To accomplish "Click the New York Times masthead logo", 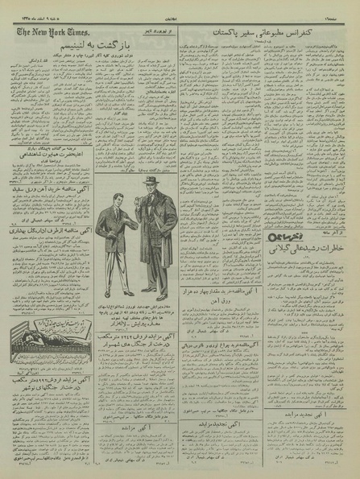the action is pyautogui.click(x=48, y=32).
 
